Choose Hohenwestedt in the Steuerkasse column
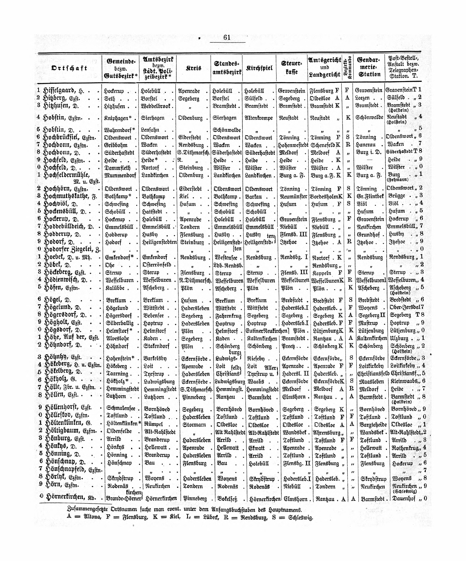[293, 145]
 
